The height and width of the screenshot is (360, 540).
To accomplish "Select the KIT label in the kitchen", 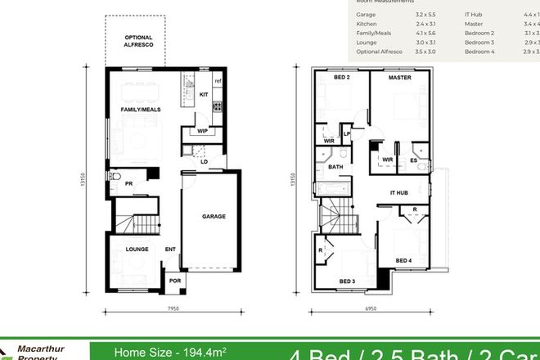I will (205, 95).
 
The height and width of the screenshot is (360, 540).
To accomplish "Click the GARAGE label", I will (214, 216).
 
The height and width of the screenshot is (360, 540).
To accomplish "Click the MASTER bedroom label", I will (399, 78).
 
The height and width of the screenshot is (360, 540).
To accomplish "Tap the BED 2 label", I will (342, 78).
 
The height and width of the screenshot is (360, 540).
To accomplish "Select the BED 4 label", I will (404, 260).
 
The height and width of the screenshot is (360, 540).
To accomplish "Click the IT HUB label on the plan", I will (398, 192).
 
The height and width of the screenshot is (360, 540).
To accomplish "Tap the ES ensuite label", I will (415, 160).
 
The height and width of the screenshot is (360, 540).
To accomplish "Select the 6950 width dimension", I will (371, 310).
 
